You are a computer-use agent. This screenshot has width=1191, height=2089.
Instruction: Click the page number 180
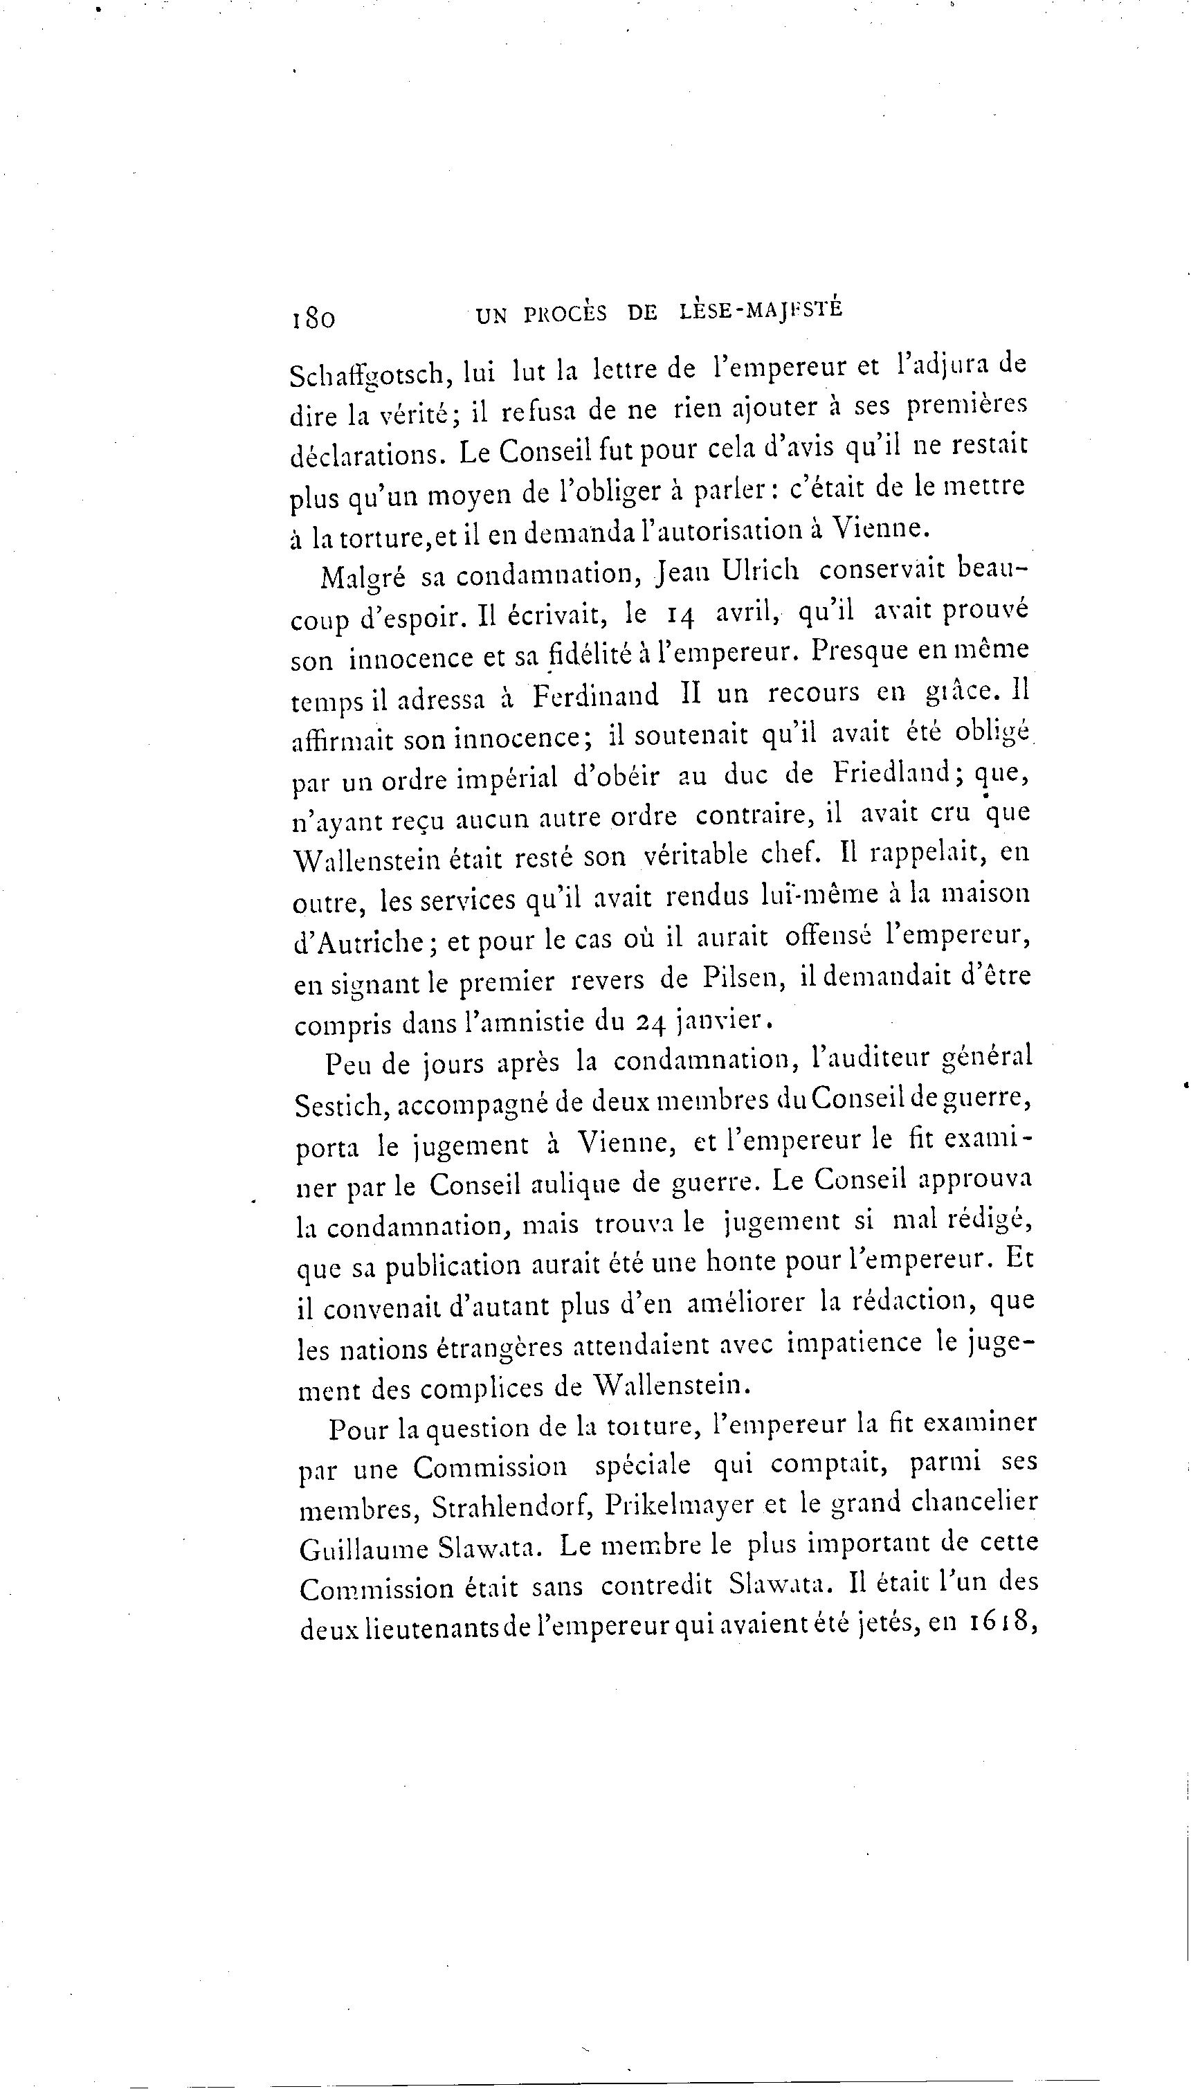(313, 317)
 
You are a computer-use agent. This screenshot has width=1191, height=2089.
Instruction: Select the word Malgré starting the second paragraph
(363, 577)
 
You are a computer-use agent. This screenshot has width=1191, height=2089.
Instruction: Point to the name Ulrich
(761, 570)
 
